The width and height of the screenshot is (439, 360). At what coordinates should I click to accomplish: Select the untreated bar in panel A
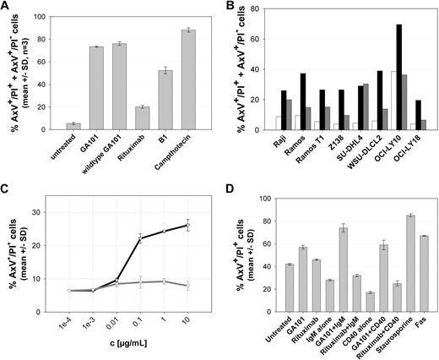coord(51,125)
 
